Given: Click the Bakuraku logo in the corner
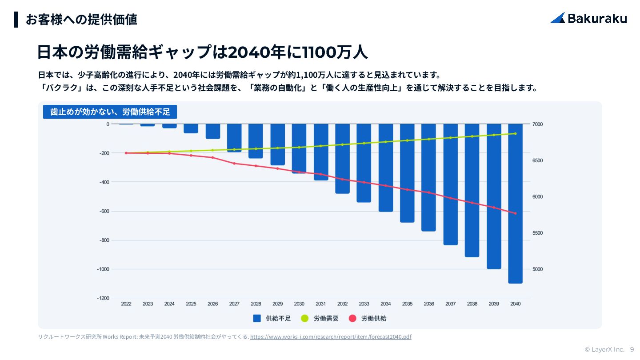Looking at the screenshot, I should [588, 18].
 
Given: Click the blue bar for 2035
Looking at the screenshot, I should [407, 173].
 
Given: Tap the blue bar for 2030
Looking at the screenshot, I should [299, 148].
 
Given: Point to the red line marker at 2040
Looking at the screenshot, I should [516, 213].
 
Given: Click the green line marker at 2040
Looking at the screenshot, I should [516, 133].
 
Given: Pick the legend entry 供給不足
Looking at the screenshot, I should [272, 318].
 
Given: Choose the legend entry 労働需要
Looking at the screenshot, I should [320, 318].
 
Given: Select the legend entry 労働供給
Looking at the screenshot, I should [367, 318].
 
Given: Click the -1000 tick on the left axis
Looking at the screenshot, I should [103, 269].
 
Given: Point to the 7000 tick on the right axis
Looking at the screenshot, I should [538, 124].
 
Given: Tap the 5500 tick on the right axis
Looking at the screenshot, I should [538, 233].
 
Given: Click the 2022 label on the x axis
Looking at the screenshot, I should [126, 304].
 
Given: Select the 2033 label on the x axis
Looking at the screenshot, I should [364, 304].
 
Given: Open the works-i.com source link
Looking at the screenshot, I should [331, 337].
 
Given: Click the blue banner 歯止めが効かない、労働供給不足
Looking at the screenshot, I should [110, 112].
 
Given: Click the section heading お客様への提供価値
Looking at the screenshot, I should [81, 20].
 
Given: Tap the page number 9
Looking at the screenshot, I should [632, 350].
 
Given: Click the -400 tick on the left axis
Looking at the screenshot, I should [104, 182].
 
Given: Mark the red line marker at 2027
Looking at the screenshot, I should [234, 164].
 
